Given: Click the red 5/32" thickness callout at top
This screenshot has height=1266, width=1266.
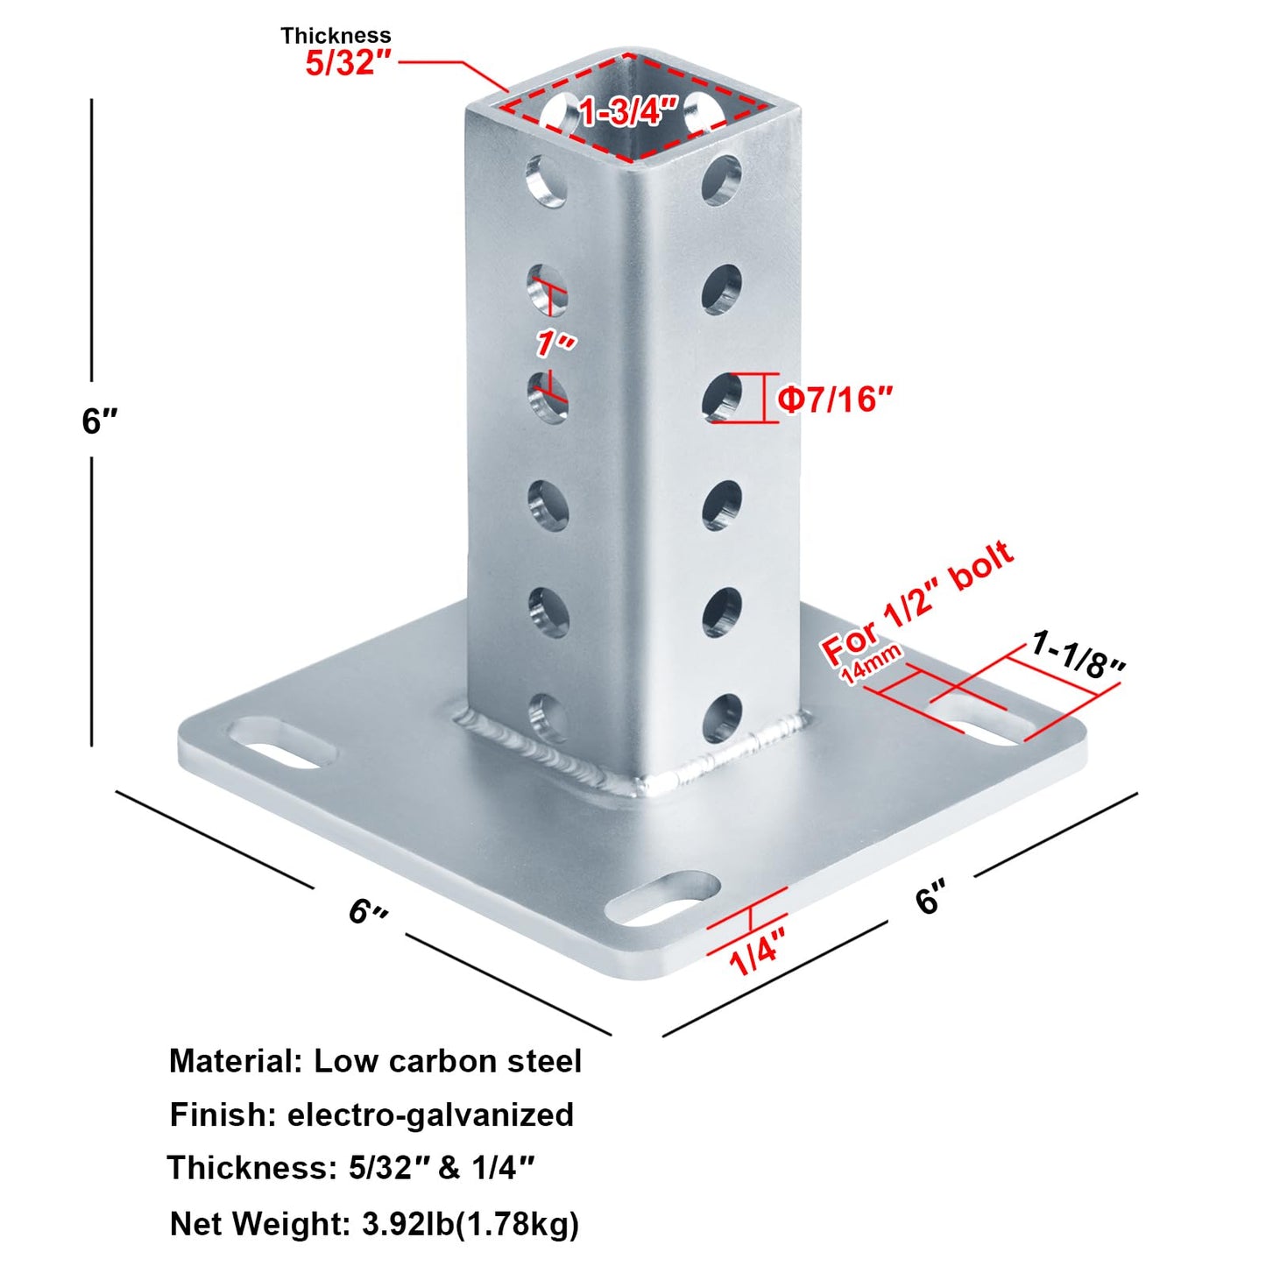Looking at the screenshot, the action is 348,64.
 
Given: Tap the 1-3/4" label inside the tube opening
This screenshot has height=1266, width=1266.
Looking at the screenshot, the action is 629,111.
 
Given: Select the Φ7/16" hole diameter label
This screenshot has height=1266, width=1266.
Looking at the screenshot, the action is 836,399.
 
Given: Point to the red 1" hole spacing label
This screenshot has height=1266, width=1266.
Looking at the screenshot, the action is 555,343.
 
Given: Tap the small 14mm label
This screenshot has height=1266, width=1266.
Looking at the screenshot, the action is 871,665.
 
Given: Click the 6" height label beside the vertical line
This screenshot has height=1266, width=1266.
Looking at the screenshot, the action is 100,421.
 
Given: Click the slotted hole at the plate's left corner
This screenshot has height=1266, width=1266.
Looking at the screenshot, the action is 282,743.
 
